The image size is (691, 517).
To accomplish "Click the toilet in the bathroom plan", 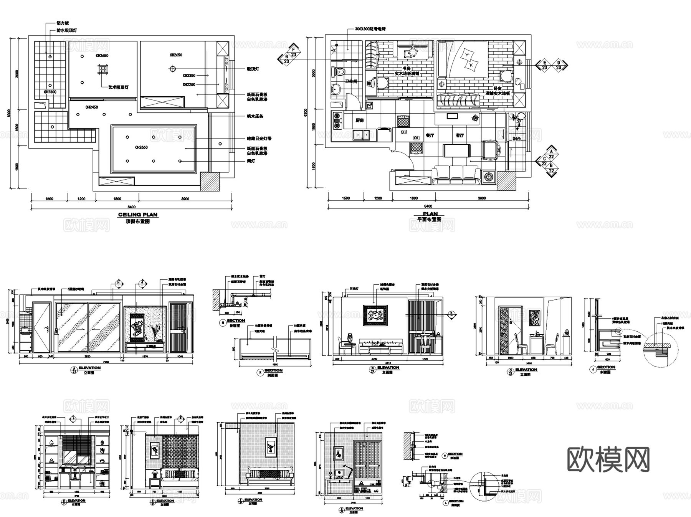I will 339,71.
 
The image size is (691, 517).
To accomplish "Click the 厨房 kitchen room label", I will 359,121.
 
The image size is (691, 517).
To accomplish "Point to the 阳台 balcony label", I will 516,139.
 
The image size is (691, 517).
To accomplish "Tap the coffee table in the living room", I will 456,150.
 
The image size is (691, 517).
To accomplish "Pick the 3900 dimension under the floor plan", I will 481,198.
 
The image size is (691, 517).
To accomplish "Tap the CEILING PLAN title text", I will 137,215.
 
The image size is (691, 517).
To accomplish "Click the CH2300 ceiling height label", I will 50,92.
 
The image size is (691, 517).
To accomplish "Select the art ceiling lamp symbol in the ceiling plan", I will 103,69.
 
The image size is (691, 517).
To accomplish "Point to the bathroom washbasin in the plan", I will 336,89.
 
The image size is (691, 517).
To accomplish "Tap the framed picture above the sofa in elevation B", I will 375,315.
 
